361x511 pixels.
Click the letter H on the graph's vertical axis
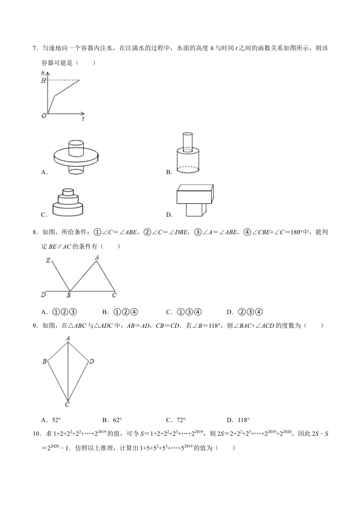[x=43, y=81]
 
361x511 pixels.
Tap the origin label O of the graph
[x=44, y=116]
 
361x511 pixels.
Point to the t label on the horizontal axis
[x=83, y=119]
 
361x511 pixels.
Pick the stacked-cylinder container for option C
[x=68, y=203]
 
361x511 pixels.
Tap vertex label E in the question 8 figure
[x=48, y=260]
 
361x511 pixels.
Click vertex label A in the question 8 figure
[x=97, y=257]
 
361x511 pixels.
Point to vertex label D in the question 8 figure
[x=43, y=295]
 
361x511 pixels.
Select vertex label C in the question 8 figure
[x=114, y=295]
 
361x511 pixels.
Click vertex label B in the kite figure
[x=44, y=361]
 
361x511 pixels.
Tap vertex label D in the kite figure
[x=92, y=361]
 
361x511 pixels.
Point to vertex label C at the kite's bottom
[x=67, y=405]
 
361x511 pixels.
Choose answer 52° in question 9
[x=56, y=420]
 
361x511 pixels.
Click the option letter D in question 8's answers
[x=229, y=312]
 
